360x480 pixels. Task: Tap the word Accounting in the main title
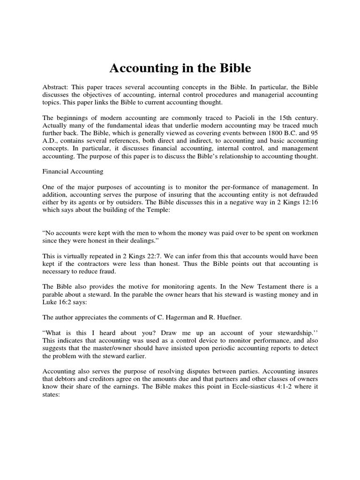142,68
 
